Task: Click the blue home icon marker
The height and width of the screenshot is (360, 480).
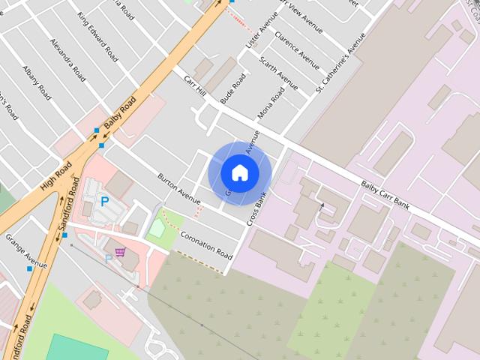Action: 239,172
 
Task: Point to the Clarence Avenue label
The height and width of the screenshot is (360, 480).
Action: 297,46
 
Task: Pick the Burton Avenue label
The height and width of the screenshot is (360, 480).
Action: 179,189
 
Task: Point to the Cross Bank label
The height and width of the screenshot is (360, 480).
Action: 257,208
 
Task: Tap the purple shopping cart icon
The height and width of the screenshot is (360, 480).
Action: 120,252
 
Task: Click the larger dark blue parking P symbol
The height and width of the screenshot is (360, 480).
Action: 105,201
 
